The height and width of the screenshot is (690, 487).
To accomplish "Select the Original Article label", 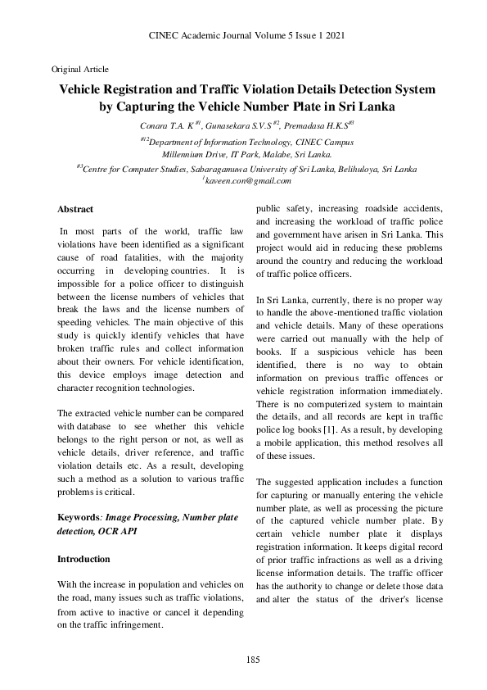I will click(x=80, y=69).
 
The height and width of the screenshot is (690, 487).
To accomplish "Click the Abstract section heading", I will click(x=75, y=210).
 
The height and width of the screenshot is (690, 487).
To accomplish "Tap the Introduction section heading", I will click(x=83, y=559).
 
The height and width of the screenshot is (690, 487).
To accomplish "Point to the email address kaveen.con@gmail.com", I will click(x=244, y=179).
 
